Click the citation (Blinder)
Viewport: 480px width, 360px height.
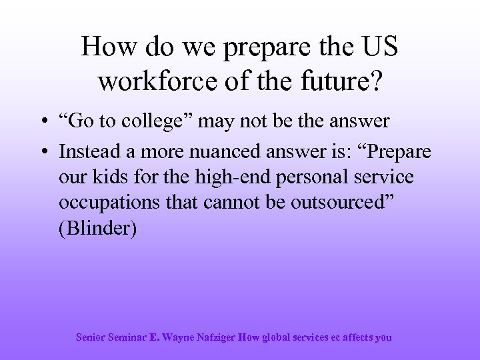97,229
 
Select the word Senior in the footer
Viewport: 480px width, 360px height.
91,337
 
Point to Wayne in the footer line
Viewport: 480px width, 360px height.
176,337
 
